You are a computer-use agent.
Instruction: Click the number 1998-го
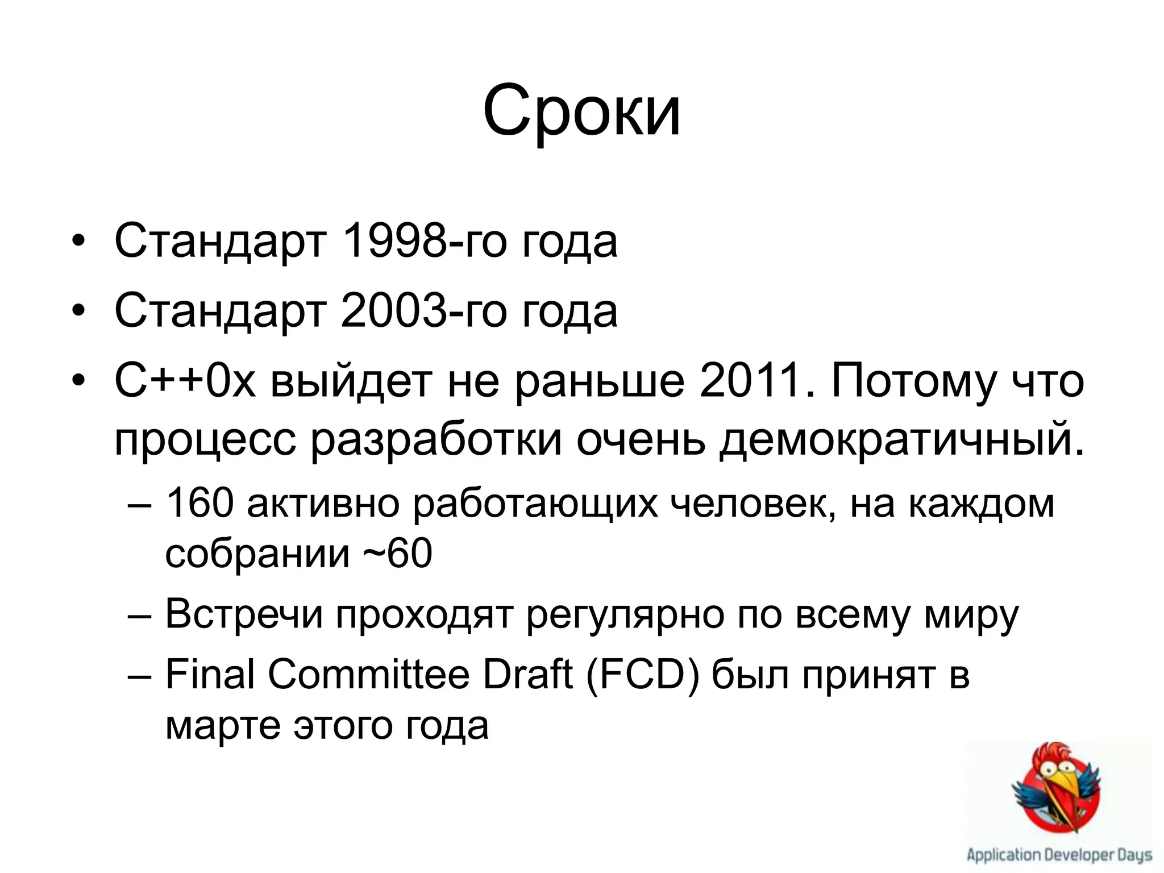tap(423, 242)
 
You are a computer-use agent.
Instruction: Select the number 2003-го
tap(423, 311)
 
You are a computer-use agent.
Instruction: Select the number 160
tap(199, 502)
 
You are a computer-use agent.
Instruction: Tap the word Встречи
tap(244, 614)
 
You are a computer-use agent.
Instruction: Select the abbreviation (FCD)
tap(642, 674)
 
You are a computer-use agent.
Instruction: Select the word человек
tap(753, 502)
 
